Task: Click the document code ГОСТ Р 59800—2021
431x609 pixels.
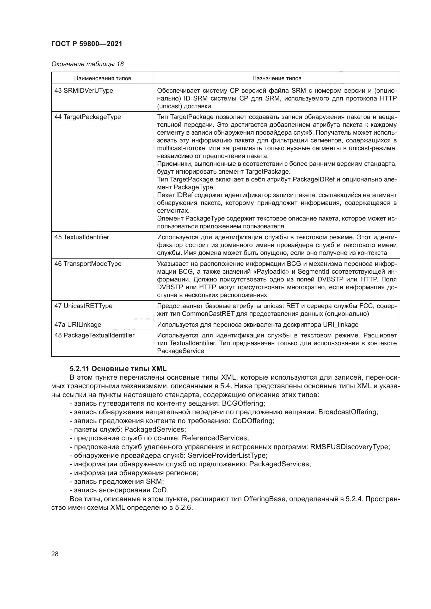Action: click(x=87, y=44)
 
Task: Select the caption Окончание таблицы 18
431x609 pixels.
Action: click(x=87, y=64)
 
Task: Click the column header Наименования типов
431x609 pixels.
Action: click(x=102, y=78)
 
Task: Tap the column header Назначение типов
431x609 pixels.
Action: click(x=276, y=78)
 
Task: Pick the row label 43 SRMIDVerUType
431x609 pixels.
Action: click(x=84, y=90)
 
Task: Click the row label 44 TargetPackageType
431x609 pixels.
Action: click(x=88, y=117)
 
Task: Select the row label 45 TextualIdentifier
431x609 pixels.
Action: click(x=82, y=237)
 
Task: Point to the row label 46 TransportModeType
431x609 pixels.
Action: click(x=88, y=264)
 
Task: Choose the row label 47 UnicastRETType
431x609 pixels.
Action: click(x=83, y=306)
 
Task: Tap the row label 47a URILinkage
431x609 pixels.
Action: click(x=78, y=325)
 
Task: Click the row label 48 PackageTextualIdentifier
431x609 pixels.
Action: click(x=95, y=335)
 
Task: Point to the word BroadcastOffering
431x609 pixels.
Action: click(x=348, y=412)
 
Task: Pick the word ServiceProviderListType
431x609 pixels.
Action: click(x=227, y=456)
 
